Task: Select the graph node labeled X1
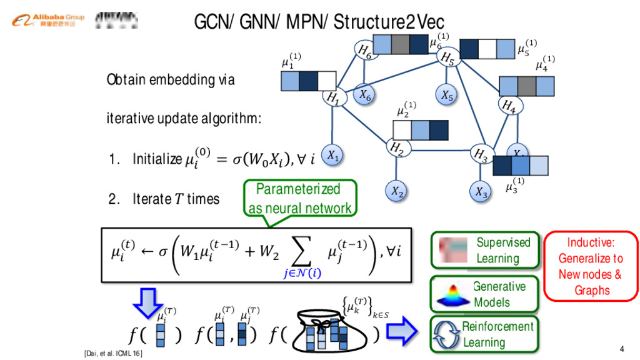point(333,156)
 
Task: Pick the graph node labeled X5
point(446,95)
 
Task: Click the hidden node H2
point(396,148)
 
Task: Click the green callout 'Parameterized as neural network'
point(299,198)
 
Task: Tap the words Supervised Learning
point(502,250)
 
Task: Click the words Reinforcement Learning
point(497,334)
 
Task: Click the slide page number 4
point(621,348)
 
